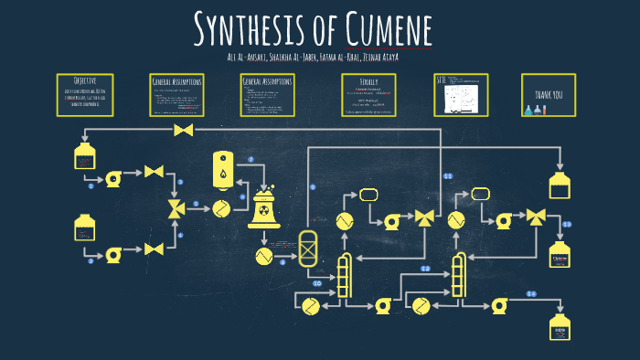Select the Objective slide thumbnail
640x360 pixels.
click(x=84, y=94)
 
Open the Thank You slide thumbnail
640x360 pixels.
click(x=548, y=95)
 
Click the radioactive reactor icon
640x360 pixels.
click(x=264, y=211)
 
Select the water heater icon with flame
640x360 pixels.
click(x=222, y=168)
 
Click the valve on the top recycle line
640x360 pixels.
click(x=184, y=132)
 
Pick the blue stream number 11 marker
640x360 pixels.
click(x=448, y=175)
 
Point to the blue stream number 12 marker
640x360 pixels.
click(x=425, y=269)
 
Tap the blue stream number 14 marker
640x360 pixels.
click(x=531, y=293)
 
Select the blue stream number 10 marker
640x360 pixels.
click(x=316, y=283)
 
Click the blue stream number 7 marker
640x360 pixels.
click(x=251, y=160)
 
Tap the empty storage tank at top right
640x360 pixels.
click(x=560, y=185)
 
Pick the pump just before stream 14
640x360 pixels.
click(x=499, y=305)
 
